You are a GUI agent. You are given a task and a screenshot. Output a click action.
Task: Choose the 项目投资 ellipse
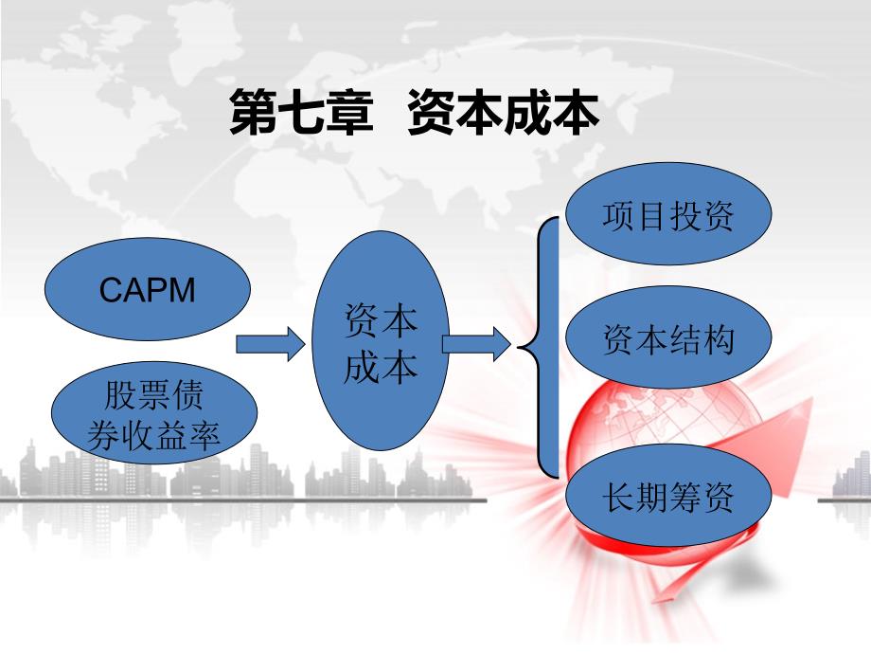click(x=668, y=217)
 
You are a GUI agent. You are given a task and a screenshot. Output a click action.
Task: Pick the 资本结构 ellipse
click(x=668, y=339)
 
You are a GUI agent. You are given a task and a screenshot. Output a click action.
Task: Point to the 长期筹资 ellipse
click(x=668, y=498)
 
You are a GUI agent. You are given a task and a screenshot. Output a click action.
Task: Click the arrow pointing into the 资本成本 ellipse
click(x=270, y=343)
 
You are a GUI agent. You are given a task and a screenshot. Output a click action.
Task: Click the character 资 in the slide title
click(x=432, y=114)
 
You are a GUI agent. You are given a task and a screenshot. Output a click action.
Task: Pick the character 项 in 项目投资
click(x=618, y=217)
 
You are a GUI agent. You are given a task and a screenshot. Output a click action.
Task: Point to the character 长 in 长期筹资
click(x=618, y=498)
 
